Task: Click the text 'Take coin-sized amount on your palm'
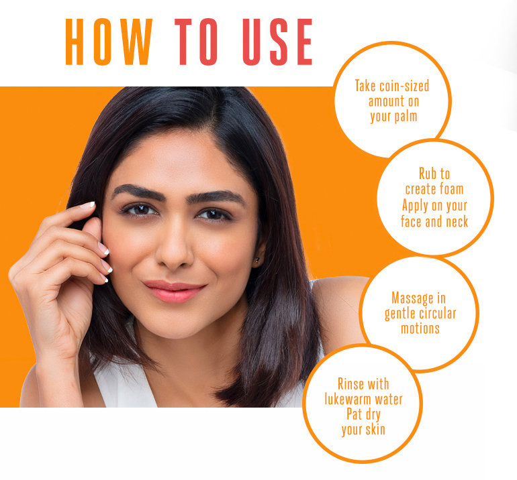tap(392, 101)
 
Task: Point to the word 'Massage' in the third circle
tap(418, 297)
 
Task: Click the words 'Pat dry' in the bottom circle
tap(363, 415)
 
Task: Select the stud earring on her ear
tap(256, 259)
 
